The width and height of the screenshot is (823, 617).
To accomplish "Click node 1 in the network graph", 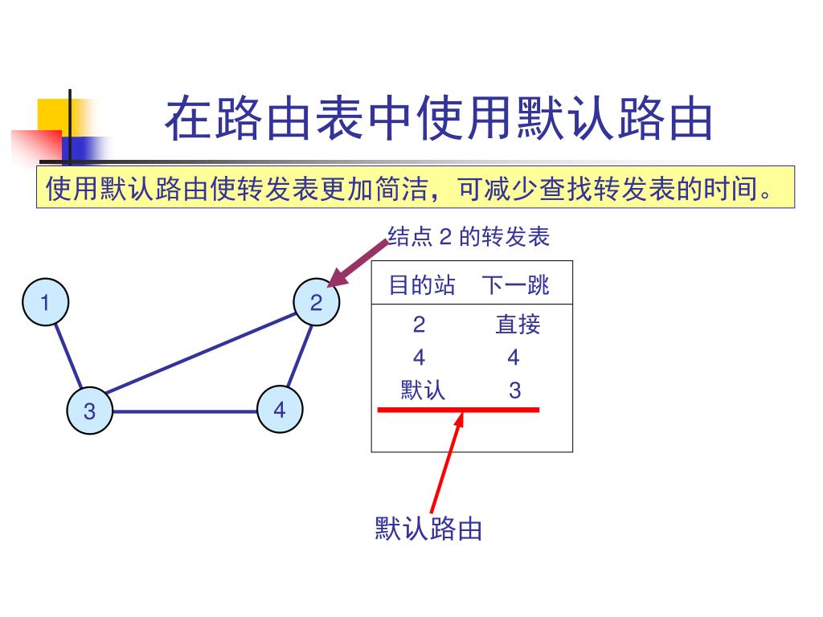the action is (46, 303).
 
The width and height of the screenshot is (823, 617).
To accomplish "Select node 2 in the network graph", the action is (316, 303).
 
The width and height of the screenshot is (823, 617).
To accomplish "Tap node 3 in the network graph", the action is (89, 411).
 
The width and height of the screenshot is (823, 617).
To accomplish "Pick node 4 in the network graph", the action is (279, 411).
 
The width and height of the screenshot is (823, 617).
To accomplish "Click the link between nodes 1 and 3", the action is (68, 357).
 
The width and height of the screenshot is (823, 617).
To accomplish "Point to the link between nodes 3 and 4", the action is (184, 411).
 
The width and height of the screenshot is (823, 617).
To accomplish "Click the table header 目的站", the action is (421, 285).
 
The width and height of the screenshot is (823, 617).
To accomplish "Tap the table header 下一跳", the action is (516, 285).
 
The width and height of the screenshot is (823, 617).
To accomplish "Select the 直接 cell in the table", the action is (518, 325).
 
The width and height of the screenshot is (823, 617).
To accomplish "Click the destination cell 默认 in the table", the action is (423, 390).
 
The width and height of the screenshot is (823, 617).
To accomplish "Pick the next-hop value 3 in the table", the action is (515, 390).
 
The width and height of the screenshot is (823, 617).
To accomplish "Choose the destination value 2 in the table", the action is (419, 325).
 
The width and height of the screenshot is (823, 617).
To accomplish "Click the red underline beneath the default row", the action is (458, 410).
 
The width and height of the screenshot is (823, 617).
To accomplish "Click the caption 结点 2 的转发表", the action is (469, 237).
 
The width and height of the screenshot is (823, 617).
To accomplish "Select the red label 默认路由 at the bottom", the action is (428, 529).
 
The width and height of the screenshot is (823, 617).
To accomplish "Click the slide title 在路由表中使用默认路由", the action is (439, 121).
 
